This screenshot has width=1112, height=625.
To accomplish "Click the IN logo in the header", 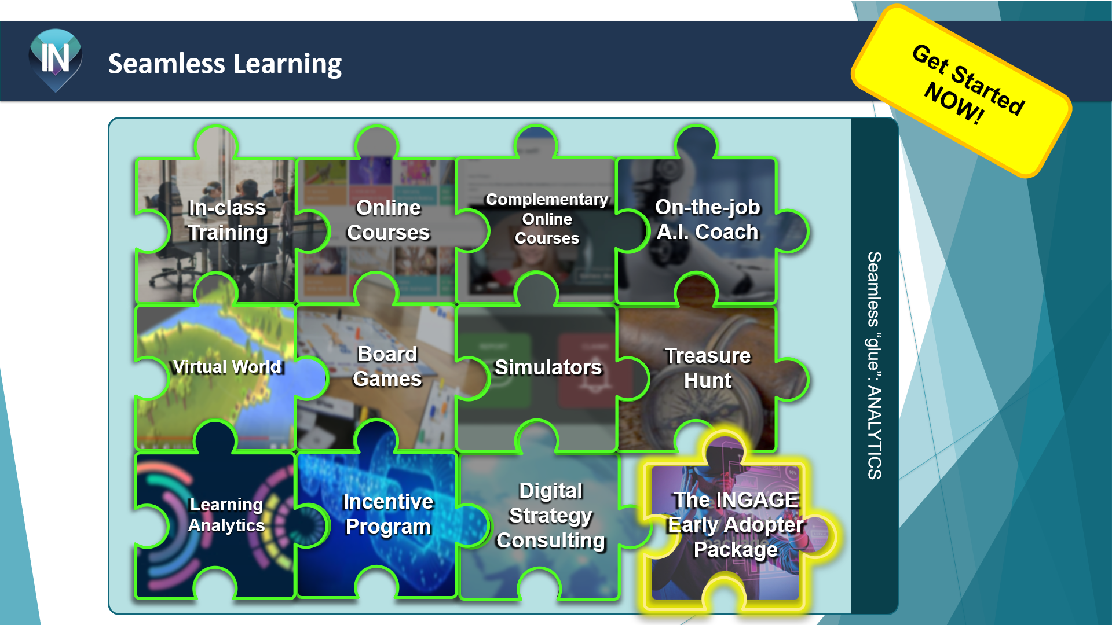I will tap(55, 59).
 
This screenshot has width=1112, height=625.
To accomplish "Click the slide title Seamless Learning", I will tap(225, 64).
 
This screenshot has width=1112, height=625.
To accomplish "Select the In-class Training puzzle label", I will tap(228, 220).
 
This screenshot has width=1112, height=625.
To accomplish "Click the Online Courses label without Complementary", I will tap(388, 220).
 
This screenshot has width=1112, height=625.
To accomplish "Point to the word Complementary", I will tap(547, 200).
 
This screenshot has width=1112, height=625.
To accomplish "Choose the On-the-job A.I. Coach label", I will tap(707, 219).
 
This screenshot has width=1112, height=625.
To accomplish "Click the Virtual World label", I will tap(228, 367).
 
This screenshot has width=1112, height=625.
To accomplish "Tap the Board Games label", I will tap(387, 366).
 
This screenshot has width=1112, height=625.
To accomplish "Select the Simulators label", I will tap(548, 367).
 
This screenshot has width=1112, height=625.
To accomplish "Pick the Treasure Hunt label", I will tap(707, 368).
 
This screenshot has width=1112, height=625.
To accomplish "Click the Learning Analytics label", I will tap(226, 514).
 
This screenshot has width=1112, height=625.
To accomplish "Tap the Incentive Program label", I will tap(388, 514).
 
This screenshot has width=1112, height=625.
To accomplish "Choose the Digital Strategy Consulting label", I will tap(551, 515).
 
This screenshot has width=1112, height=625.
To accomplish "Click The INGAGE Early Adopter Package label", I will tap(736, 524).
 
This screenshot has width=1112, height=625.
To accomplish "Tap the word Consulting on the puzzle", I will tap(551, 541).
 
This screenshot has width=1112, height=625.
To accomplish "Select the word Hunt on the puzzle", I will tap(707, 381).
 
